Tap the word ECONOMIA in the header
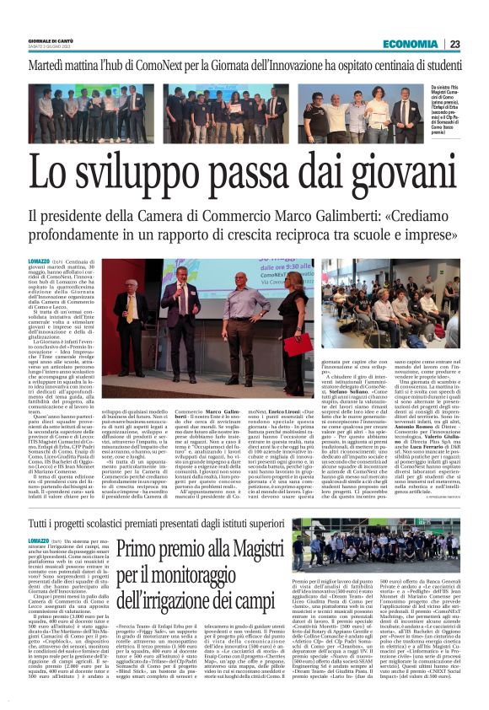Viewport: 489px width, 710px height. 410,44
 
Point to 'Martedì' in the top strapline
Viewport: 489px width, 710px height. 56,64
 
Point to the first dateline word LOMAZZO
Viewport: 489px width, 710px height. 42,263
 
